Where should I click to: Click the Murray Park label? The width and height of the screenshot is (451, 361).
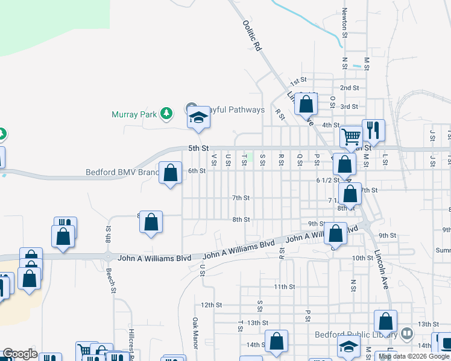pos(133,114)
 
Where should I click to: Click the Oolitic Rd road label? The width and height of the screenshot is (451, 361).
pos(253,35)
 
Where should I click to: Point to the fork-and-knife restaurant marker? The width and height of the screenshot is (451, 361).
pos(373,130)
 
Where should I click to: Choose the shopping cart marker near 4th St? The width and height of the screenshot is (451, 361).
pos(350,137)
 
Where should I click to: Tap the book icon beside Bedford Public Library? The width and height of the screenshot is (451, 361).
pos(408,333)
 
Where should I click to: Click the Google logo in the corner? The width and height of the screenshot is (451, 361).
pos(20,354)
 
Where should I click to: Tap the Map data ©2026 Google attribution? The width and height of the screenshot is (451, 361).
pos(414,356)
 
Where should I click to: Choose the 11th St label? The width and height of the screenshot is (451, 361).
pos(283,286)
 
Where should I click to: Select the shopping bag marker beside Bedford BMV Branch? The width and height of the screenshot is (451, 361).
pos(171,173)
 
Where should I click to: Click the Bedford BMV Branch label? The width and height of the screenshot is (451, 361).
pos(122,171)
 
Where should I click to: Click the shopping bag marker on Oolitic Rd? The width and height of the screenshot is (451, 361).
pos(306,105)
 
